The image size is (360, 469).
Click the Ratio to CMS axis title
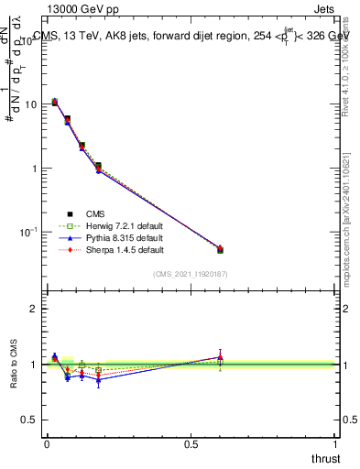14,365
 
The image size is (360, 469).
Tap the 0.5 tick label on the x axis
191,443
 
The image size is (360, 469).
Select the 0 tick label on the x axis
46,443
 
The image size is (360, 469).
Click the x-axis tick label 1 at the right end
335,443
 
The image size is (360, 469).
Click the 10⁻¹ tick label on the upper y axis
28,233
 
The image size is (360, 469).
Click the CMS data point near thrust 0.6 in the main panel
220,249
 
